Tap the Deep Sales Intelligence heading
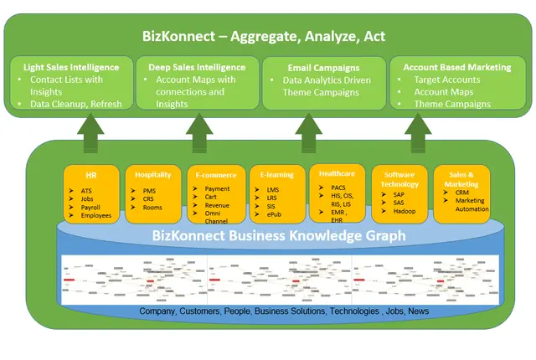click(x=197, y=67)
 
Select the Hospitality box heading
click(x=153, y=175)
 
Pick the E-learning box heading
click(x=277, y=176)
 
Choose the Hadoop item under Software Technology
click(x=405, y=211)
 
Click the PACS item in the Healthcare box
click(x=339, y=188)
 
